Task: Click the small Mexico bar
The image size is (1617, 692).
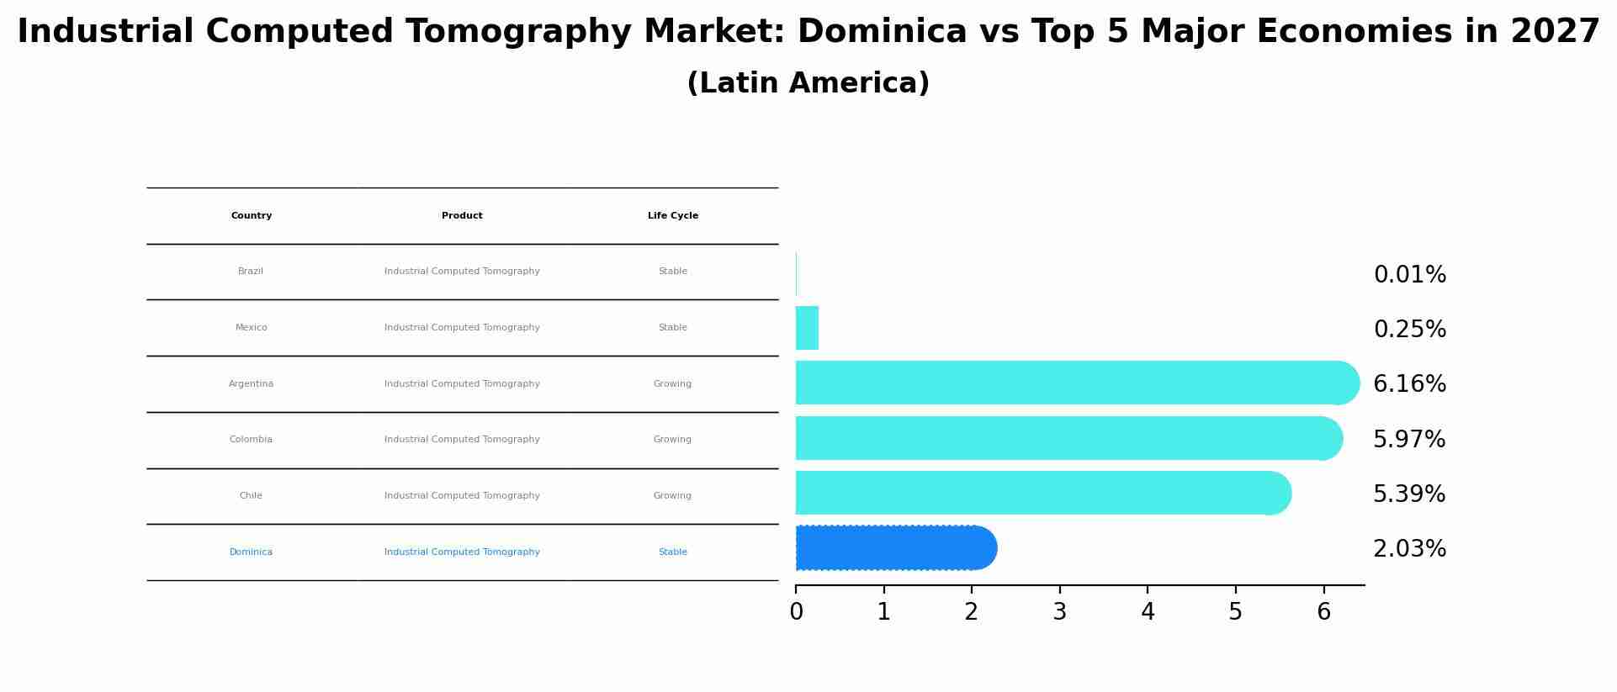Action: (x=807, y=328)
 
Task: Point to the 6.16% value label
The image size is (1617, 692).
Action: (x=1409, y=384)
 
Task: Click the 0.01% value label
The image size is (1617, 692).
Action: (x=1409, y=275)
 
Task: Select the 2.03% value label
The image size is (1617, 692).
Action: (x=1409, y=549)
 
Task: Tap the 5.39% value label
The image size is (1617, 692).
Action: (x=1409, y=494)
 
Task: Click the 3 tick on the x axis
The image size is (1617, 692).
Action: (x=1059, y=612)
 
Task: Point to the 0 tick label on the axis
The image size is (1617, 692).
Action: (x=796, y=612)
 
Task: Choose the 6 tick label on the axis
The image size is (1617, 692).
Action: (x=1323, y=612)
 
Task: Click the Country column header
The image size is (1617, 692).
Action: (x=252, y=216)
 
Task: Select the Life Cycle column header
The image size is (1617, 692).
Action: (x=673, y=216)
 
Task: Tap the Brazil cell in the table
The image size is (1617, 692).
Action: (x=251, y=272)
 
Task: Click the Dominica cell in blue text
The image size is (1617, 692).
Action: (x=251, y=552)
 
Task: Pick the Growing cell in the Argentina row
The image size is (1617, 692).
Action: (x=672, y=384)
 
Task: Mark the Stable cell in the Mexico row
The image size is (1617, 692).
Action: (x=672, y=328)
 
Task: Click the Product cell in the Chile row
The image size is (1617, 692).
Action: (x=462, y=496)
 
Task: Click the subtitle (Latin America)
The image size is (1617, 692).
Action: (x=808, y=83)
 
